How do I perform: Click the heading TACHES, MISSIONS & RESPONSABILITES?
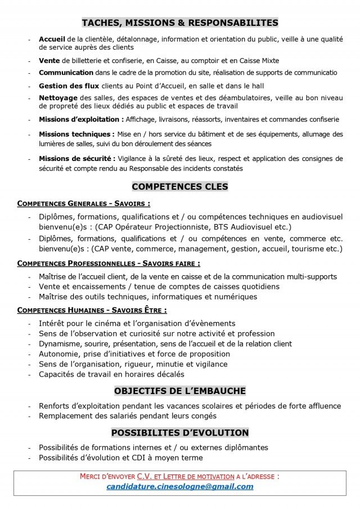[180, 23]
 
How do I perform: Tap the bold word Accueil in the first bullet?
[52, 39]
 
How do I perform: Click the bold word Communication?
[66, 73]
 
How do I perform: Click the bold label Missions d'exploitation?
[81, 119]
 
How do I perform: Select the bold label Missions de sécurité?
[77, 159]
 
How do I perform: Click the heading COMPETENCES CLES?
[180, 186]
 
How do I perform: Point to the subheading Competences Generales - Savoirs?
[83, 203]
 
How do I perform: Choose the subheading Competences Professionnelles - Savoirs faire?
[109, 263]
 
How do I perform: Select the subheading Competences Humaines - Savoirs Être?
[92, 310]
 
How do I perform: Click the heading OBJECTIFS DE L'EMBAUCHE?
[180, 391]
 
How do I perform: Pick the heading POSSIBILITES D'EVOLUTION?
[180, 432]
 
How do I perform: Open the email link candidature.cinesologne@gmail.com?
[180, 487]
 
